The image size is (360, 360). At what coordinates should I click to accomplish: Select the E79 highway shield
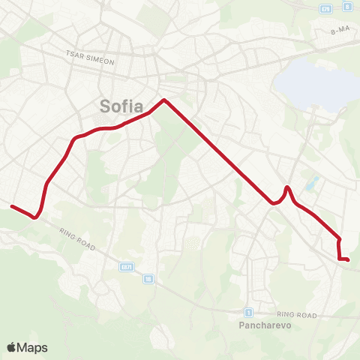click(x=325, y=9)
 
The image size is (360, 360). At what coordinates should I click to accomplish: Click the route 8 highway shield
click(x=346, y=7)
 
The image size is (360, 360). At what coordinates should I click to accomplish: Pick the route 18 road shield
click(x=148, y=278)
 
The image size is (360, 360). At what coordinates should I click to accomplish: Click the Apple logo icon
click(x=12, y=347)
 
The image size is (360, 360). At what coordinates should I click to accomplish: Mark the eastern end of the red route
click(x=348, y=260)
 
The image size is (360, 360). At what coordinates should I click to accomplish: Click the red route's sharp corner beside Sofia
click(x=163, y=100)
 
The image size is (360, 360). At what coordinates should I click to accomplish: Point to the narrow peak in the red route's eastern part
click(x=288, y=187)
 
